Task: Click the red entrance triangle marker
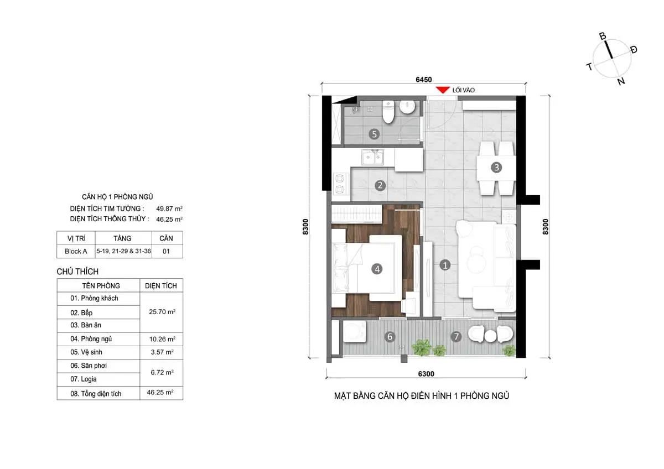coord(442,90)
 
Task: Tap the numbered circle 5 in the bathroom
coord(375,134)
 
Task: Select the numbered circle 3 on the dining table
coord(496,167)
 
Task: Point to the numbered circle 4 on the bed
coord(377,269)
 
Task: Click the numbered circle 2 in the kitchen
coord(380,185)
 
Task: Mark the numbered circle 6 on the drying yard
coord(390,336)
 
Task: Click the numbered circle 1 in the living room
coord(445,265)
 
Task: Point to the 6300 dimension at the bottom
coord(426,374)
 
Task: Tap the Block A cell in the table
coord(75,251)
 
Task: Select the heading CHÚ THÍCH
coord(77,272)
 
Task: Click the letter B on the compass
coord(603,37)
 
